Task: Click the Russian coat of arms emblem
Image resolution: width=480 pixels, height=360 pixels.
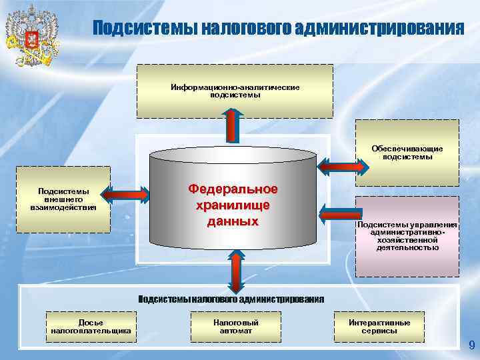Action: [31, 38]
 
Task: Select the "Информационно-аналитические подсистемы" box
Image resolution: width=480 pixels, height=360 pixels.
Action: [235, 91]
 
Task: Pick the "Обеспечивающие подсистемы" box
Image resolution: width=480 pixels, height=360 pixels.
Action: [407, 153]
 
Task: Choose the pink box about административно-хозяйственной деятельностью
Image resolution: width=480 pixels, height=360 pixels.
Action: [407, 235]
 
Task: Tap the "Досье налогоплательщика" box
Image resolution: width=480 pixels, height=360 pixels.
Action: [91, 327]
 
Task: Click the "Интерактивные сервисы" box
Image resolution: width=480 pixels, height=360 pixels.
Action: [379, 327]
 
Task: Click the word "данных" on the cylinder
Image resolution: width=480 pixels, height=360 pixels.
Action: [233, 221]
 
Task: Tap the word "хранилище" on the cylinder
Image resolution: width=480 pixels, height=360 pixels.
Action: [233, 205]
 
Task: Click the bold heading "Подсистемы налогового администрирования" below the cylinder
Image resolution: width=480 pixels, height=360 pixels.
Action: [231, 299]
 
